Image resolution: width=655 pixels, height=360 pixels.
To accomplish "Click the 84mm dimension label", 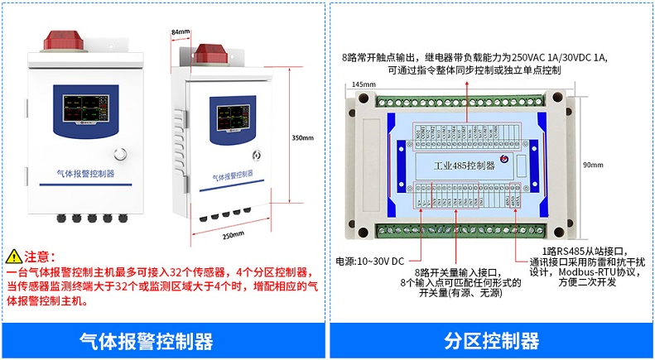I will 180,32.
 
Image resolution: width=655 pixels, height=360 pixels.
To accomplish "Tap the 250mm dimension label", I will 234,234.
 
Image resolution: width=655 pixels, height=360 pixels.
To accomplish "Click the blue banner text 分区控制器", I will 491,341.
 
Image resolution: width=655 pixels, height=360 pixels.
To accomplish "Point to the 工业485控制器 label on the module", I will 464,166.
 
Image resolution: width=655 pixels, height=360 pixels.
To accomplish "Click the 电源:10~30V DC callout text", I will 369,261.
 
